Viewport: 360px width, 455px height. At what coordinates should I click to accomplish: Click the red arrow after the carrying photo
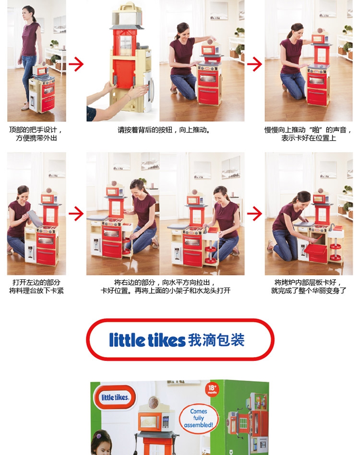(76, 64)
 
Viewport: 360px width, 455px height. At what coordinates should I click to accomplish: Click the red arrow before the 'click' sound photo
(254, 64)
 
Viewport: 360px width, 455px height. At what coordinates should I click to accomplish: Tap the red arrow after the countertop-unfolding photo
(76, 214)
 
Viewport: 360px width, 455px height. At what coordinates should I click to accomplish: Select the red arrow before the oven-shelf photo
(254, 214)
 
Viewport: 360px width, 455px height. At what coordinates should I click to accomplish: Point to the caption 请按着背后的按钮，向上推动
(164, 130)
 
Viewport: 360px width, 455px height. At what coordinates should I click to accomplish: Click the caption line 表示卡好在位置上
(309, 138)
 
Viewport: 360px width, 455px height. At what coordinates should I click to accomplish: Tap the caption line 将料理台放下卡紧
(36, 290)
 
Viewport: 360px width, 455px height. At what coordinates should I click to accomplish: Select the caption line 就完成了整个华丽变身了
(309, 290)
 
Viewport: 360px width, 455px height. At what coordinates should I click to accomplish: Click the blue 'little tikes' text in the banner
(147, 340)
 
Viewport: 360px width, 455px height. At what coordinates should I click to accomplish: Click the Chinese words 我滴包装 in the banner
(216, 340)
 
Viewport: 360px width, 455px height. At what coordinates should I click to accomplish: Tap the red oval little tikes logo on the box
(115, 397)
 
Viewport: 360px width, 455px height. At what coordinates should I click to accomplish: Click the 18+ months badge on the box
(213, 389)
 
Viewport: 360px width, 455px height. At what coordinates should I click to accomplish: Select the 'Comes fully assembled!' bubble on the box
(199, 418)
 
